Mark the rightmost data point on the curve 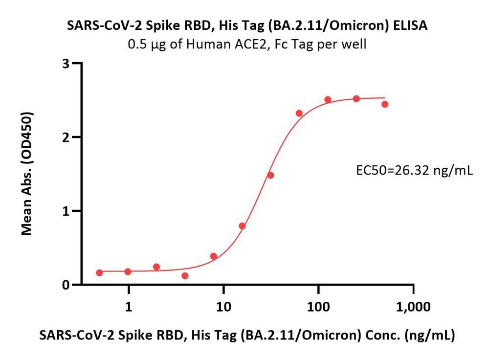point(385,104)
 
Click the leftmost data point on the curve point(100,272)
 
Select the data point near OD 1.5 point(270,175)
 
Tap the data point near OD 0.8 point(242,226)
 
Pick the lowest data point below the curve point(185,276)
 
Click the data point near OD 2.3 point(299,113)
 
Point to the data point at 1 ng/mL point(128,271)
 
